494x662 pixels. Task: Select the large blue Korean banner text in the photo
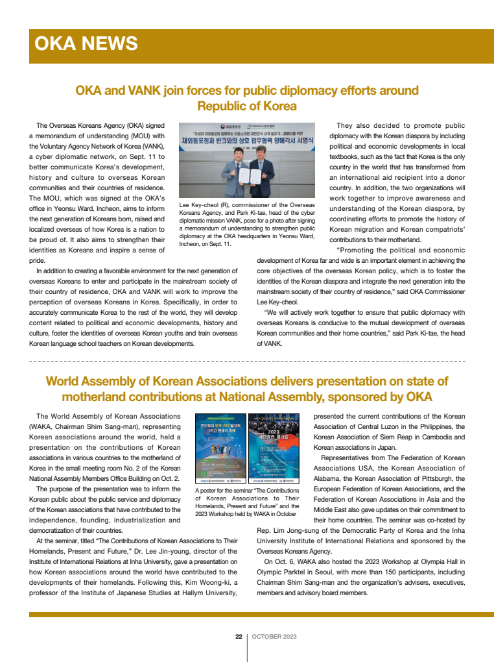click(248, 140)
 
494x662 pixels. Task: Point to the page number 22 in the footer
click(239, 636)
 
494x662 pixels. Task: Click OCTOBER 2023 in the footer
click(274, 636)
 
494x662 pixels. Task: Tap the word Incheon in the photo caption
click(193, 245)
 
